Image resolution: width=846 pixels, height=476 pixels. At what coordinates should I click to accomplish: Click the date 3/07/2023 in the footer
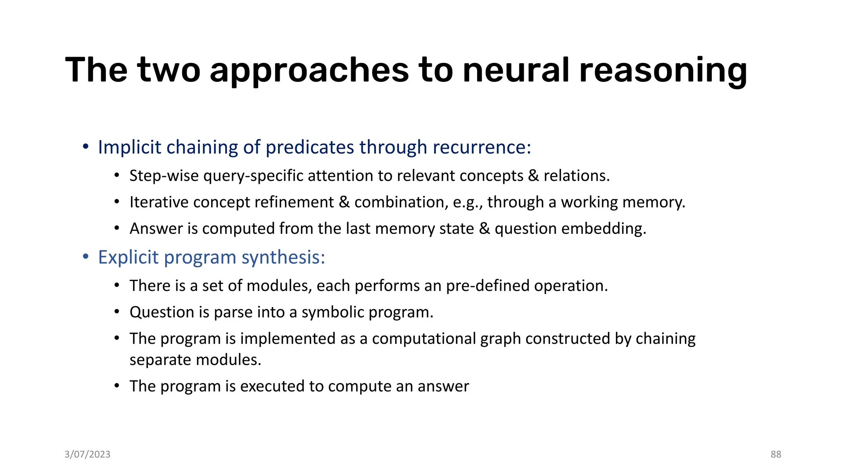[x=88, y=455]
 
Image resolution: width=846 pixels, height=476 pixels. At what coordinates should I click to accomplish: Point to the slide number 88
[x=776, y=455]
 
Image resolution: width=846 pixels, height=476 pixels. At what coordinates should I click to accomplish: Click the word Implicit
[x=129, y=148]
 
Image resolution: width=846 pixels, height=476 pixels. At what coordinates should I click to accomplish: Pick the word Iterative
[x=159, y=202]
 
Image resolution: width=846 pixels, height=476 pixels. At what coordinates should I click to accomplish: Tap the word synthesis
[x=283, y=258]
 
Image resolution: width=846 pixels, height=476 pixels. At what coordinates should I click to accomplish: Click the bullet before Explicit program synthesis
[x=86, y=257]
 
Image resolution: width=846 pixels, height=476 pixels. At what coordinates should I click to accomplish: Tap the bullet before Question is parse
[x=117, y=312]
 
